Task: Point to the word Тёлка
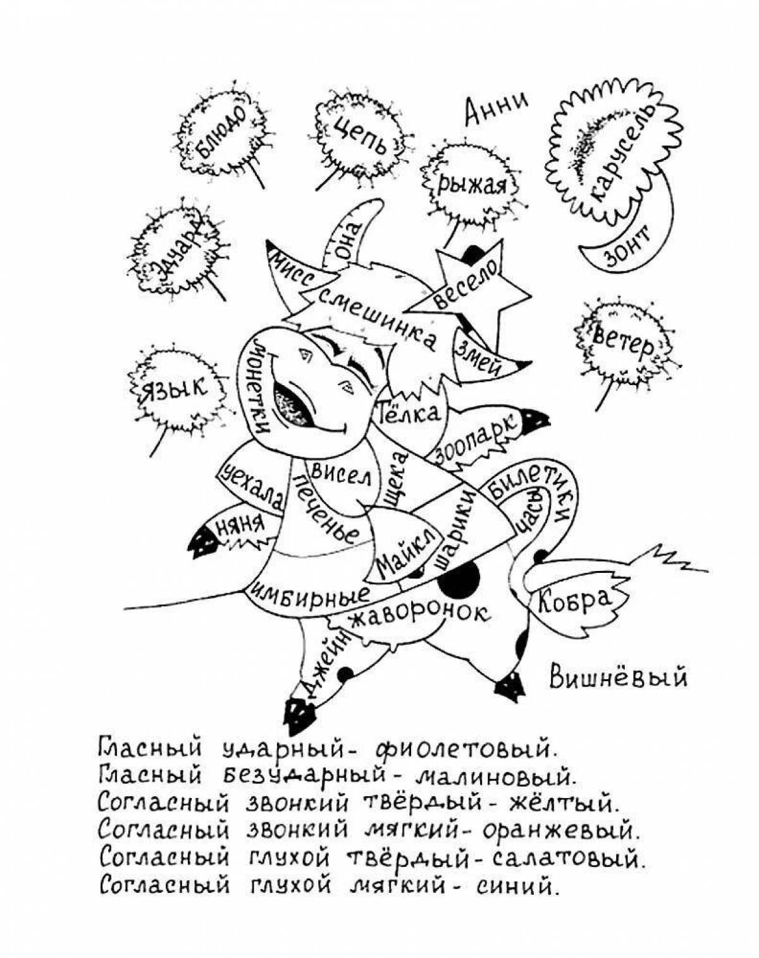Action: (408, 414)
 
